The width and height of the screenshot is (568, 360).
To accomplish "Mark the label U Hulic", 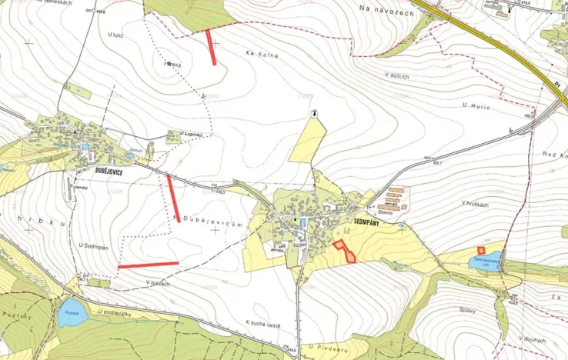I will pos(476,104).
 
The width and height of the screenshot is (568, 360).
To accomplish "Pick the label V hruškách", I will pos(476,203).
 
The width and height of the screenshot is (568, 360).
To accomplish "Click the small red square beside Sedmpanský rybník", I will pos(481,250).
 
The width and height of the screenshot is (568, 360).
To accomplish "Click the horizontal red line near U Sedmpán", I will pos(148,265).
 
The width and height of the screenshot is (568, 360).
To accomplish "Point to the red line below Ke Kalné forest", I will pos(211,47).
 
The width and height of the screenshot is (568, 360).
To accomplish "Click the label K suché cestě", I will pos(262,325).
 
